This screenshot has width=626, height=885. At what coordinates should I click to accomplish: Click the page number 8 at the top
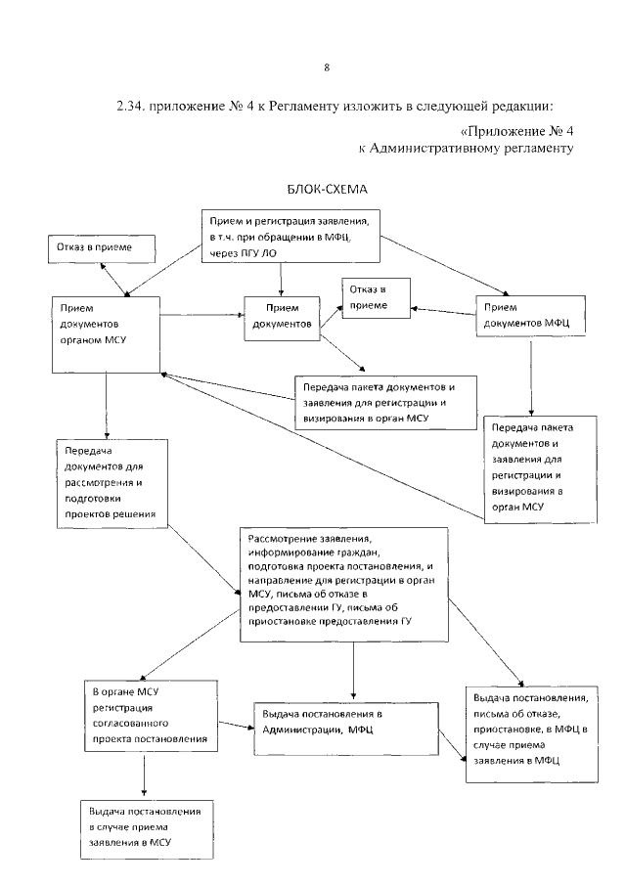326,67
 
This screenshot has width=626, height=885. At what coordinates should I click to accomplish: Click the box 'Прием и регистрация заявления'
291,236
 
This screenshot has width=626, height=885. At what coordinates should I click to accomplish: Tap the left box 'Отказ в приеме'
102,249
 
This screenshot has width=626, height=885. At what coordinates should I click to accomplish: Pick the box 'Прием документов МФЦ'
532,315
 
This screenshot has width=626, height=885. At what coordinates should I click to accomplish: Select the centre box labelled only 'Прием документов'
282,316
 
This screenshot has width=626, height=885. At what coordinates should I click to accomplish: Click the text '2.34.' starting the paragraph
130,106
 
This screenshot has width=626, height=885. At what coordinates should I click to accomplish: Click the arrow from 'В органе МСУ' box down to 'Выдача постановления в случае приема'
145,778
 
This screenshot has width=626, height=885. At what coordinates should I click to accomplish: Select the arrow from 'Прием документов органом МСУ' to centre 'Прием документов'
202,315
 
